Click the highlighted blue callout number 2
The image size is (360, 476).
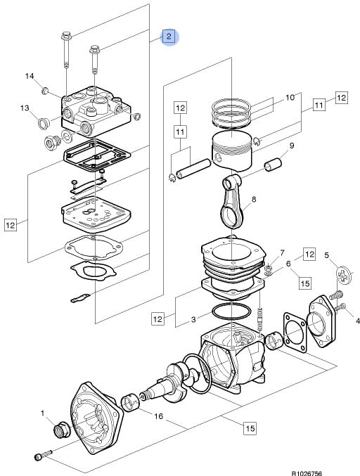tap(169, 37)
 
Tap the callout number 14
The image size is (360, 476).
tap(30, 76)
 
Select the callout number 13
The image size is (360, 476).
tap(25, 108)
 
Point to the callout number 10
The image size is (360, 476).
tap(290, 98)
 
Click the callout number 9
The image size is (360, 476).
tap(291, 146)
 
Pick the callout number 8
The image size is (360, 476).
tap(254, 199)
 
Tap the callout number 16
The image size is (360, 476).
tap(158, 416)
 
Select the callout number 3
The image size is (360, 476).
tap(193, 320)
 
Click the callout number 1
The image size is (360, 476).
tap(42, 413)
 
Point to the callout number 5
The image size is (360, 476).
tap(327, 255)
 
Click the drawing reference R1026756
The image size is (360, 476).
tap(307, 473)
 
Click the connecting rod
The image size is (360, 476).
tap(232, 201)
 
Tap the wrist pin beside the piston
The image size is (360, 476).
tap(193, 169)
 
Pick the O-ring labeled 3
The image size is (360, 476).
tap(231, 311)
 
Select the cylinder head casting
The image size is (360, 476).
tap(96, 112)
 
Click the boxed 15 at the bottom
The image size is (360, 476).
tap(250, 428)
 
